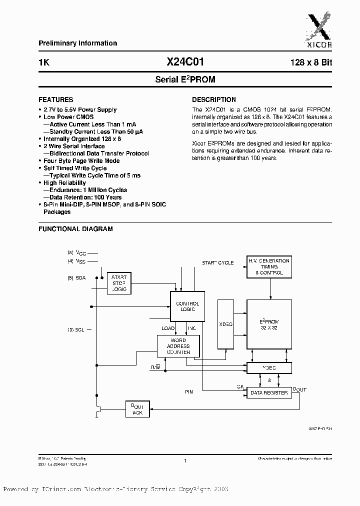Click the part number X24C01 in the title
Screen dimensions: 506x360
[x=185, y=62]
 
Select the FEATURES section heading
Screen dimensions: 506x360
[x=55, y=99]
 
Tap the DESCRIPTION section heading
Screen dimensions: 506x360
[x=214, y=99]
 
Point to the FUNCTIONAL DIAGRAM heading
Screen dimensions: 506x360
[x=75, y=229]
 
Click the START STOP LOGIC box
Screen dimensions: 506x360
[x=119, y=283]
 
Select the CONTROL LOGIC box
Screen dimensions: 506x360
[x=187, y=306]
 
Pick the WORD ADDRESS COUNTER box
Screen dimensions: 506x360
[x=178, y=346]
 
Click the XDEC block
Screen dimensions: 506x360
[x=226, y=324]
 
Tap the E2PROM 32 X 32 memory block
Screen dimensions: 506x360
[x=269, y=324]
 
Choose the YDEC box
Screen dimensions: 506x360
[x=268, y=367]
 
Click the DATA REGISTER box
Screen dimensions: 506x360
[x=268, y=393]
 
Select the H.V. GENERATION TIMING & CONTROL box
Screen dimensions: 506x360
[x=269, y=267]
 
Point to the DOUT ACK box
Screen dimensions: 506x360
[x=137, y=409]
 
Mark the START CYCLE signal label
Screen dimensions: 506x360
[x=217, y=263]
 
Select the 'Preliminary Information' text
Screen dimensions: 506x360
[x=77, y=43]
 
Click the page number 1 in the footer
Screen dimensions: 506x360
[x=185, y=461]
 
